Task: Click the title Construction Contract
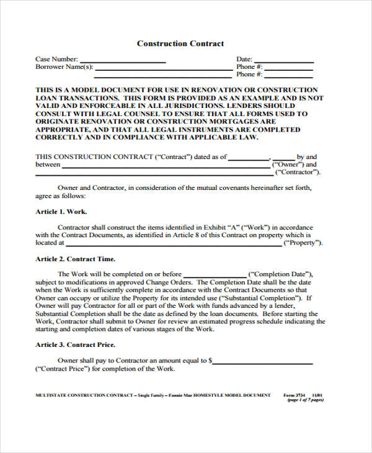[180, 44]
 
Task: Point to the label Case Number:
[56, 60]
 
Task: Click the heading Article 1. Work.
[61, 212]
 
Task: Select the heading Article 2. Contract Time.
[75, 259]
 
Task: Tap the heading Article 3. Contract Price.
[75, 344]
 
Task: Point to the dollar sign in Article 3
[211, 360]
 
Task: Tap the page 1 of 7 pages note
[305, 401]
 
